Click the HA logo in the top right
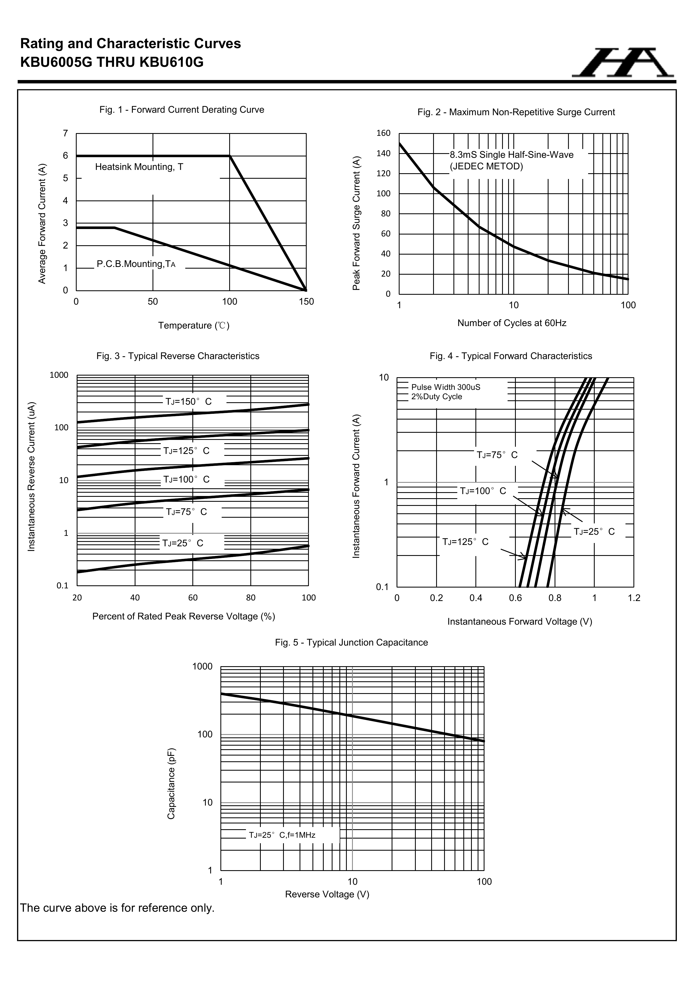(x=622, y=63)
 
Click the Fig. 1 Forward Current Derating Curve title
(x=182, y=110)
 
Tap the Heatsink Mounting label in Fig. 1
(x=139, y=167)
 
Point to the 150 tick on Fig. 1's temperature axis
(x=306, y=302)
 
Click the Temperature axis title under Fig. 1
(x=194, y=326)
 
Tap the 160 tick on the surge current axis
(x=383, y=133)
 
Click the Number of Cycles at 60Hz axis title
(x=512, y=323)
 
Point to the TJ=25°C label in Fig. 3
(x=182, y=544)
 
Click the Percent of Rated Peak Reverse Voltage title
(x=183, y=616)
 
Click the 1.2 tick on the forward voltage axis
(x=634, y=598)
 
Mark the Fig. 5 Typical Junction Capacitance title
(x=351, y=643)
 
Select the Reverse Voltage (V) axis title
(x=327, y=894)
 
